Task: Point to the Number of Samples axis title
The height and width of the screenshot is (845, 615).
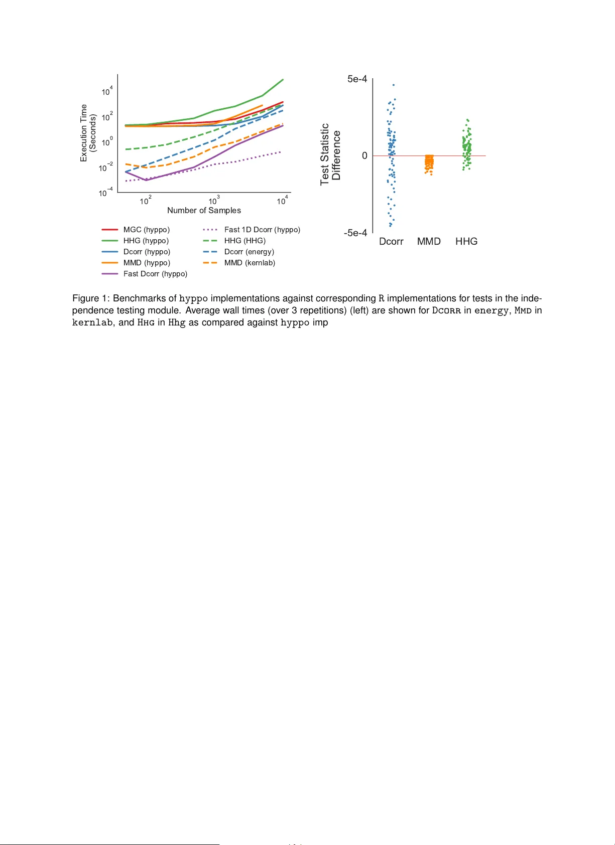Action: (204, 211)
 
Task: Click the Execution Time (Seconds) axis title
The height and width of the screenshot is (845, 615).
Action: (88, 133)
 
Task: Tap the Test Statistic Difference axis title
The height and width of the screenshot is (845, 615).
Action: (330, 154)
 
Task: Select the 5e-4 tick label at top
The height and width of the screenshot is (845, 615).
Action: (357, 79)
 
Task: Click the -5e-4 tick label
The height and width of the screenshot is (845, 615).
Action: (355, 233)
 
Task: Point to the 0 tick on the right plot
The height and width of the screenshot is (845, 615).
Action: (364, 156)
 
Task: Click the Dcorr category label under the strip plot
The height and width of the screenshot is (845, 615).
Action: (391, 242)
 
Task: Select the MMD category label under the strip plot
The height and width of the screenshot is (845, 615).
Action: (429, 242)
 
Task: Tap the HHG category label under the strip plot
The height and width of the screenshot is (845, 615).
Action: (466, 242)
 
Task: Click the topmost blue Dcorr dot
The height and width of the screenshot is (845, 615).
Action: (394, 85)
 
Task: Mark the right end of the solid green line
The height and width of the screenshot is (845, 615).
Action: (283, 79)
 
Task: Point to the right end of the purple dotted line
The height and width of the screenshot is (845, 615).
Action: (281, 151)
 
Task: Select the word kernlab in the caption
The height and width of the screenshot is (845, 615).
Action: (92, 322)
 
